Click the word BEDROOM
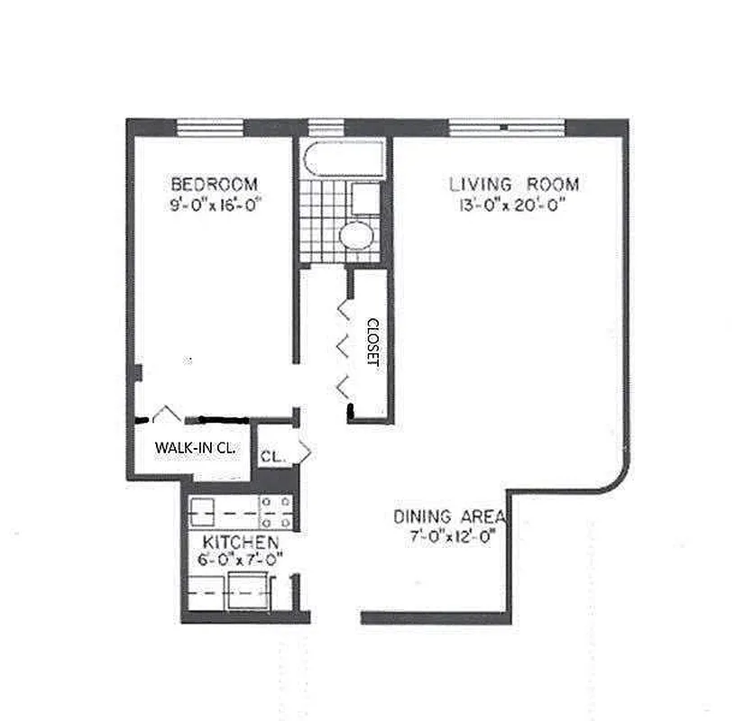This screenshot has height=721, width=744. (214, 184)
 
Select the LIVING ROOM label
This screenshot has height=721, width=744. (514, 185)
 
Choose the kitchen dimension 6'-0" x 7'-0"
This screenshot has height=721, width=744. (240, 559)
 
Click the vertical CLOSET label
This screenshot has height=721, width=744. (371, 342)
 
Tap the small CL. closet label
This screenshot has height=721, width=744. (272, 457)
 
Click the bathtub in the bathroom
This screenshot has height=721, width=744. (343, 160)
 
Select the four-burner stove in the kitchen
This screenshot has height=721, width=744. (276, 512)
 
